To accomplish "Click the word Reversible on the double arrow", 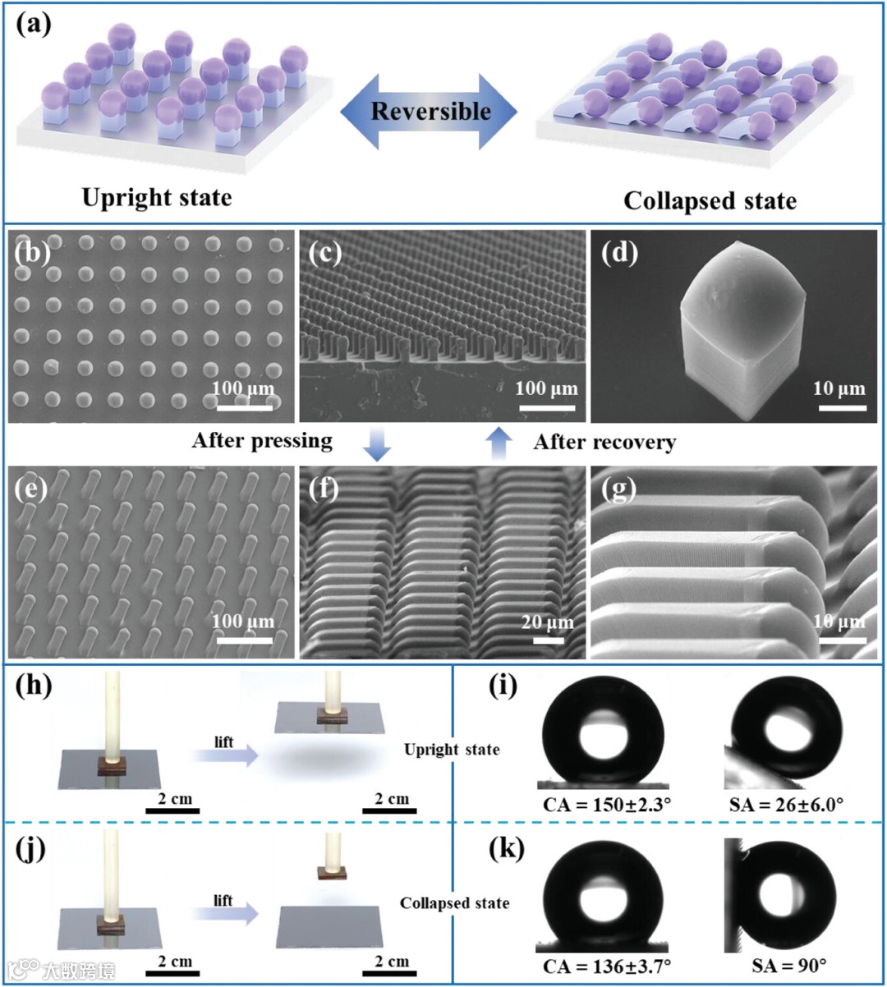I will pos(430,111).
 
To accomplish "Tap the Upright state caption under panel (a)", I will pos(156,198).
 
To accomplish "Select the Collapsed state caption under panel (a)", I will pos(710,201).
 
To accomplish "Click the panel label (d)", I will pos(619,252).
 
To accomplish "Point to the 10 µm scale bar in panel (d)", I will pos(839,406).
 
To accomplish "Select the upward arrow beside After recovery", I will pos(498,443).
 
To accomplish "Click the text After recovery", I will pos(604,443).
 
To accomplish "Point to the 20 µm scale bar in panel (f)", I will pos(548,639).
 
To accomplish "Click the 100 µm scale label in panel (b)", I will pos(243,388).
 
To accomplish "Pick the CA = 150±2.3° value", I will pos(607,804).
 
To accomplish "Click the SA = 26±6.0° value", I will pos(786,804).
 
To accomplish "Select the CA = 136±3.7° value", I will pos(607,966).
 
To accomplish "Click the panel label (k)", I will pos(506,848).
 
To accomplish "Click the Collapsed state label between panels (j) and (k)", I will pos(454,903).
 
